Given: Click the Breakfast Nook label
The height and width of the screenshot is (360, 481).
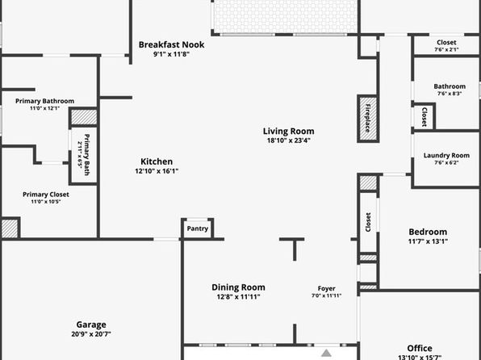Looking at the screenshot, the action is (x=171, y=45).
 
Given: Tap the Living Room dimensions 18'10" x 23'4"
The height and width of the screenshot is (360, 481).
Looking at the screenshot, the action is (x=289, y=140).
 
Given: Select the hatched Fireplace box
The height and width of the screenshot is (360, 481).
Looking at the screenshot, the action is (x=368, y=119).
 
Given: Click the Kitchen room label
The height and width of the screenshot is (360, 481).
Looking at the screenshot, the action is (x=157, y=161).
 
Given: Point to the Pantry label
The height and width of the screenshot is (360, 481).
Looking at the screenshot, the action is (x=198, y=228).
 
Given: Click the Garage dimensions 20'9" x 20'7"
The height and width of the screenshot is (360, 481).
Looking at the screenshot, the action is (x=91, y=334).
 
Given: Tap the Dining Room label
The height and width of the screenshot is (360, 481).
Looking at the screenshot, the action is (x=238, y=287).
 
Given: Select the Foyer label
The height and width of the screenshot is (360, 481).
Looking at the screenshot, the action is (x=326, y=288).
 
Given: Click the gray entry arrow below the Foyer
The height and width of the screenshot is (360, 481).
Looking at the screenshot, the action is (x=326, y=353).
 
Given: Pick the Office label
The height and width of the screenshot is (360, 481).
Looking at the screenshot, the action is (x=420, y=349).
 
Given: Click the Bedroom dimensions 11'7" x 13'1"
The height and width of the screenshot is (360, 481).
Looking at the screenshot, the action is (x=428, y=241).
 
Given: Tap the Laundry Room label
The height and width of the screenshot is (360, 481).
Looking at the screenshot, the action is (x=446, y=155).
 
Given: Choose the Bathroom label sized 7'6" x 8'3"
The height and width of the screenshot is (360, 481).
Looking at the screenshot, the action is (x=450, y=86).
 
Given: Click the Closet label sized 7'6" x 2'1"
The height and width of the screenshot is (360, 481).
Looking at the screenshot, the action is (x=446, y=42).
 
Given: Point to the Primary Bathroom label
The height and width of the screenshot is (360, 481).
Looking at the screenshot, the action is (x=44, y=101).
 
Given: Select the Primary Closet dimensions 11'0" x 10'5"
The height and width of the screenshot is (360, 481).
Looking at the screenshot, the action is (x=46, y=202).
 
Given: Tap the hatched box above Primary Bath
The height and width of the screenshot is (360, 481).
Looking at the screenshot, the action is (x=84, y=116).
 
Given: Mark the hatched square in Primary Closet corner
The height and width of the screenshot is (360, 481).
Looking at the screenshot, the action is (x=10, y=228).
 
